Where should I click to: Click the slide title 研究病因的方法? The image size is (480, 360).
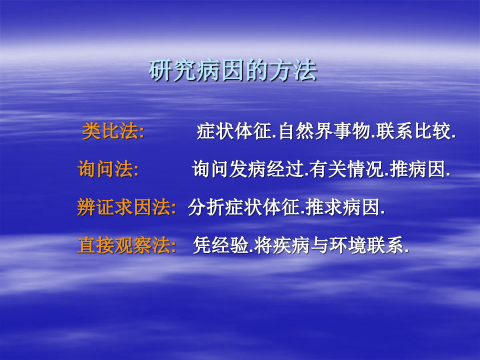click(233, 71)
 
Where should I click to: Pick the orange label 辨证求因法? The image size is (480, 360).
click(125, 207)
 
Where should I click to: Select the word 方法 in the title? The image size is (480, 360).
click(299, 71)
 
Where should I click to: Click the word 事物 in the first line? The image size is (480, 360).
click(355, 132)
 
